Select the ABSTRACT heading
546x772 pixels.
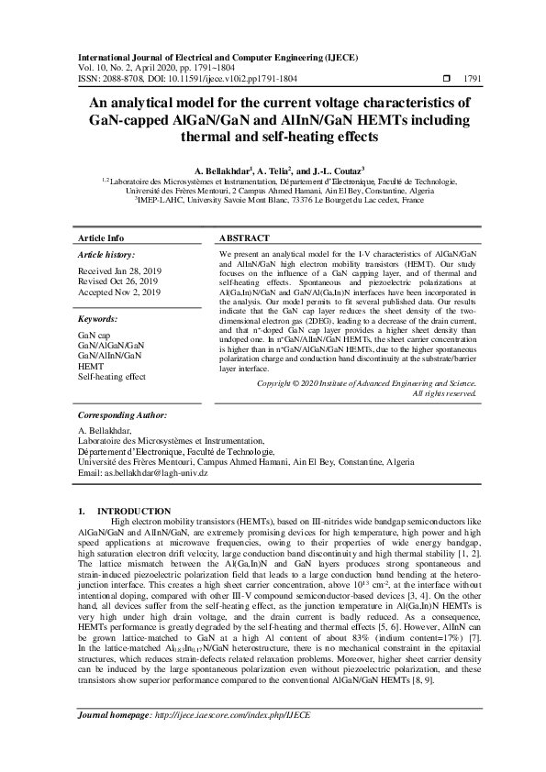coord(244,237)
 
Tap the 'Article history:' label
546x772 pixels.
coord(106,255)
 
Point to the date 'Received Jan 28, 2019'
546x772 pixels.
coord(118,272)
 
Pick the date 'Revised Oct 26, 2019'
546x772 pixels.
coord(117,282)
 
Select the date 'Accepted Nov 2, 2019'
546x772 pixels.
coord(118,292)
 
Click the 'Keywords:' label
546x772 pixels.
coord(97,319)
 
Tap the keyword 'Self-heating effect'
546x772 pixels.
coord(112,377)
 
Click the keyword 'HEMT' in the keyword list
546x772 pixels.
coord(91,367)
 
